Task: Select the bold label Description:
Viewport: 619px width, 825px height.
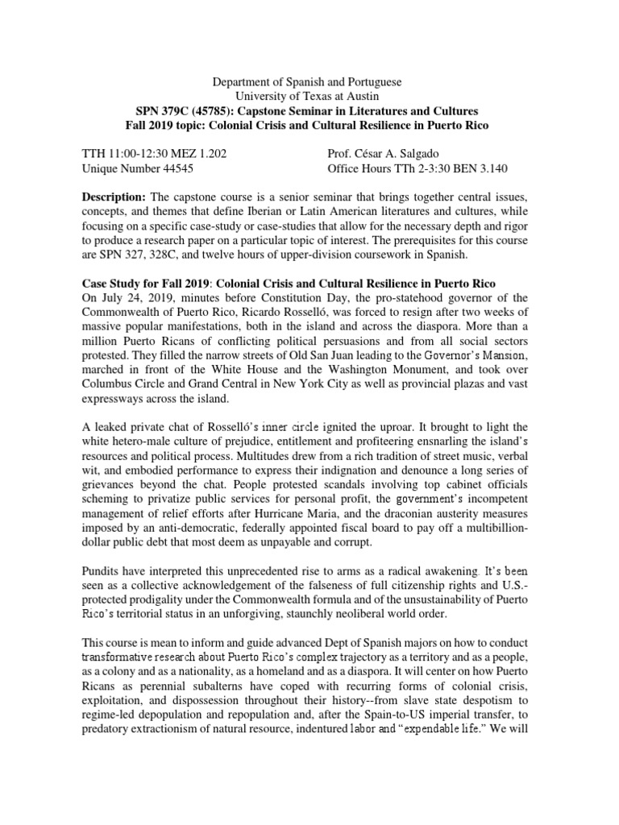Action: [114, 197]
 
